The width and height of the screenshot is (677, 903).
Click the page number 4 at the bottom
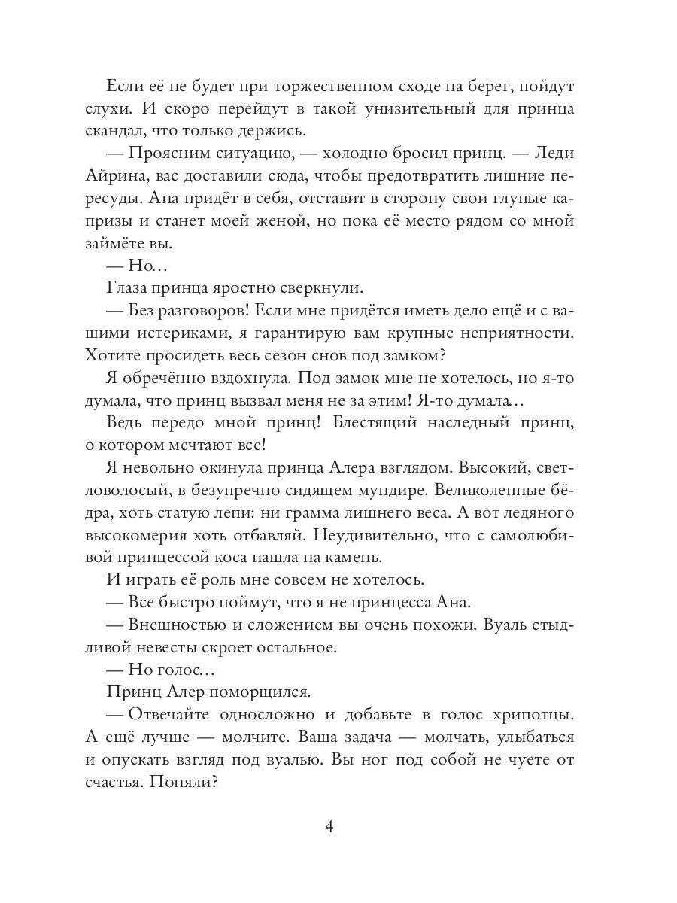(329, 827)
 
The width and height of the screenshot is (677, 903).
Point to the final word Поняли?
(189, 782)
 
